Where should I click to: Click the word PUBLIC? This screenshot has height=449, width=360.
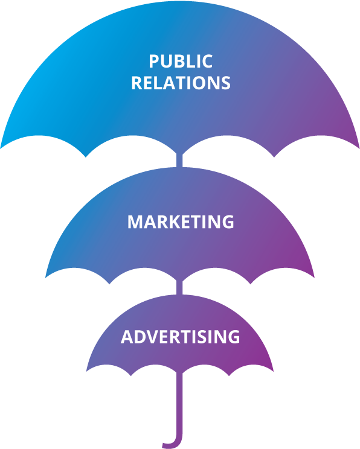(x=181, y=62)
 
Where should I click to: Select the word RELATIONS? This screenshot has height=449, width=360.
(x=181, y=83)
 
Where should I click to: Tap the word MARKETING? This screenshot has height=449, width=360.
(x=181, y=221)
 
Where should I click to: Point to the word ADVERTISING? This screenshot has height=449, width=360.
(x=180, y=337)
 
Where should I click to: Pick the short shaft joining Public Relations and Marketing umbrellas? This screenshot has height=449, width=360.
(x=179, y=161)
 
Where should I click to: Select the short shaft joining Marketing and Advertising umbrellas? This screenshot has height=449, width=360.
(x=179, y=287)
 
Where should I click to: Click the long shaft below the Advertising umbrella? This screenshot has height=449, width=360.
(x=179, y=401)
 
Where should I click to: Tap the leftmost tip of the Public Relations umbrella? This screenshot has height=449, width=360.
(x=1, y=148)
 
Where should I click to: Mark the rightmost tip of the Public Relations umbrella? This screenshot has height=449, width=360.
(x=359, y=148)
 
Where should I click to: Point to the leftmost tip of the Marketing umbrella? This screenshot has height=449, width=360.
(x=45, y=277)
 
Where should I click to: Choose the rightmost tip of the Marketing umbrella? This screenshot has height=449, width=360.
(x=314, y=277)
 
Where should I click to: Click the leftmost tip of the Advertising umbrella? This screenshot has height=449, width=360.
(x=86, y=371)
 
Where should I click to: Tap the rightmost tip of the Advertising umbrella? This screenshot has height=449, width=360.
(x=273, y=371)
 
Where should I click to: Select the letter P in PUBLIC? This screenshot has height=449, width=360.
(x=154, y=62)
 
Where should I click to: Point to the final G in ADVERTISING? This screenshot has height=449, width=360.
(x=234, y=337)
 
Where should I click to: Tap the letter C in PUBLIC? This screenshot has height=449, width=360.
(x=207, y=62)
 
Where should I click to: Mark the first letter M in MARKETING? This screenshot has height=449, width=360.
(x=135, y=221)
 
